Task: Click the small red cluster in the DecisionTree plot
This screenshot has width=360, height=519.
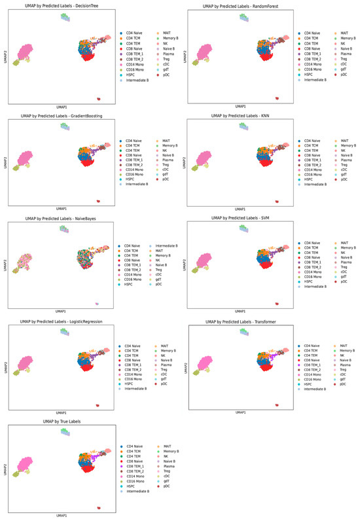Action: [98, 98]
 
